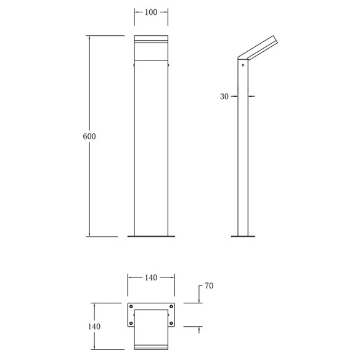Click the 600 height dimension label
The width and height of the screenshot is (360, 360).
coord(89,136)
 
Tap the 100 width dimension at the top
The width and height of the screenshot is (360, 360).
coord(151,12)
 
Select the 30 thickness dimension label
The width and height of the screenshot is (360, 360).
coord(224,96)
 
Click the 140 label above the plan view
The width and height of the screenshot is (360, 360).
coord(151,278)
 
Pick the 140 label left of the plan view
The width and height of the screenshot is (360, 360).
coord(94,327)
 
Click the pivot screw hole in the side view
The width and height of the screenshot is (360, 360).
coord(244,63)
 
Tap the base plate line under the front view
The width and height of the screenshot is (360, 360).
coord(151,236)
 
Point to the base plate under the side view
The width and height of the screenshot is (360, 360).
coord(243,236)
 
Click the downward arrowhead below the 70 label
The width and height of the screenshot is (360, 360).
coord(199,300)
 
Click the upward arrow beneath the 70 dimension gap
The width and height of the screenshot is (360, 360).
coord(199,329)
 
